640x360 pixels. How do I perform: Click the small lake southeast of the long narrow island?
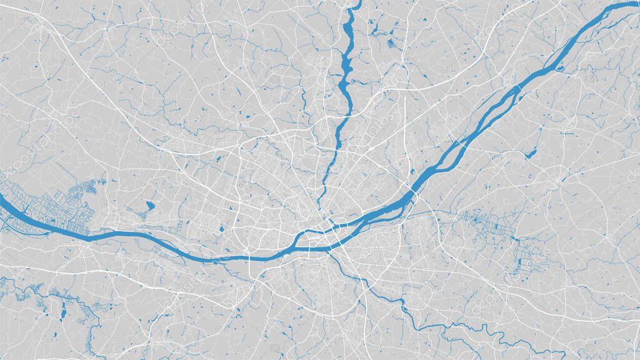[x=531, y=153]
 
